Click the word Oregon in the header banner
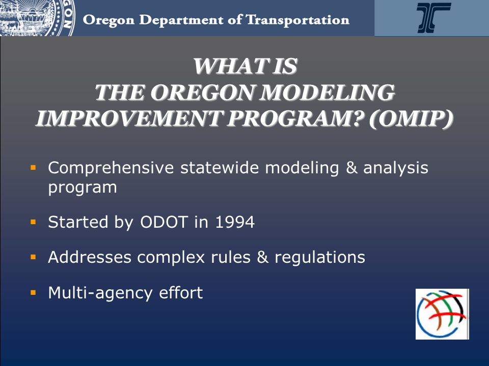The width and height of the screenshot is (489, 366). pyautogui.click(x=108, y=20)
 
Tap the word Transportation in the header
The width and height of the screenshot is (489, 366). pyautogui.click(x=297, y=20)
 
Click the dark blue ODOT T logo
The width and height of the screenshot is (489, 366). pyautogui.click(x=433, y=17)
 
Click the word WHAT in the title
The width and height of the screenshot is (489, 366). pyautogui.click(x=230, y=66)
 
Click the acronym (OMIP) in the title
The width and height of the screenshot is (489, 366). pyautogui.click(x=411, y=118)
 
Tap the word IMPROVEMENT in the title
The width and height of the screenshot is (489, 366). pyautogui.click(x=129, y=118)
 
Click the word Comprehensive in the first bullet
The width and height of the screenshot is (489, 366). pyautogui.click(x=111, y=168)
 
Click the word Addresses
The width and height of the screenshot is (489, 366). pyautogui.click(x=90, y=257)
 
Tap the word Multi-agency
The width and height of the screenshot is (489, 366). pyautogui.click(x=100, y=293)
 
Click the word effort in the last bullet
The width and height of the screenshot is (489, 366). pyautogui.click(x=181, y=293)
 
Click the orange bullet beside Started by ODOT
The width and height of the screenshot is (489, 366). pyautogui.click(x=34, y=222)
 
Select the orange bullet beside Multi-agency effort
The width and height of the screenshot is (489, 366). pyautogui.click(x=34, y=293)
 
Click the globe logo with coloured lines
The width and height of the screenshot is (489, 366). pyautogui.click(x=442, y=314)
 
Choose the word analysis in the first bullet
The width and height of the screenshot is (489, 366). pyautogui.click(x=396, y=168)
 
